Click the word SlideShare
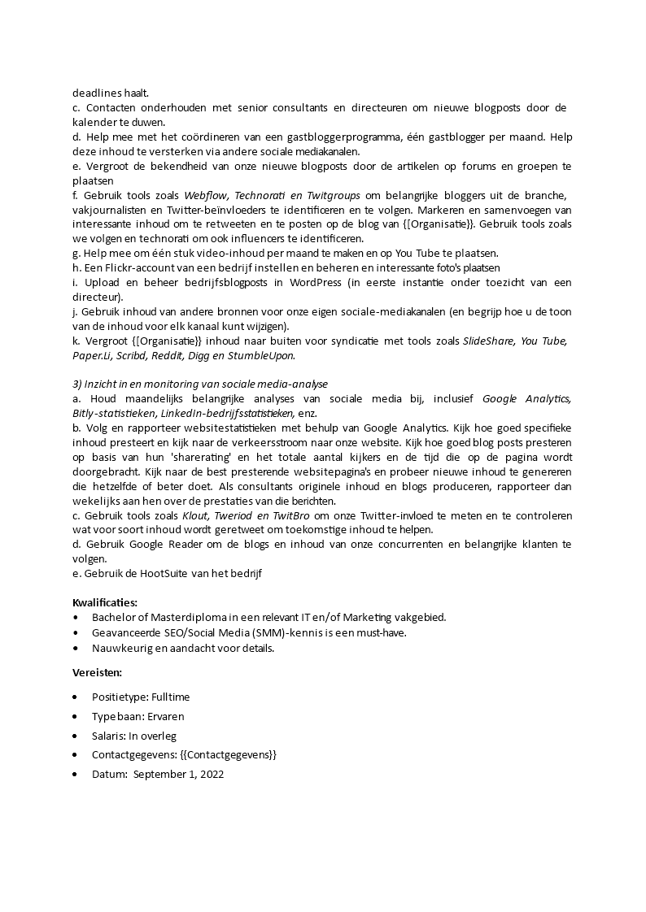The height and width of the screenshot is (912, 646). pyautogui.click(x=488, y=341)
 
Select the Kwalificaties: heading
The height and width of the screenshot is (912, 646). pyautogui.click(x=105, y=602)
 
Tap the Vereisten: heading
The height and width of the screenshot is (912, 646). pyautogui.click(x=98, y=672)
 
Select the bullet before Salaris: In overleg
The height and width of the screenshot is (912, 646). pyautogui.click(x=76, y=736)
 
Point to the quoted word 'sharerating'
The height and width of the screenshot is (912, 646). pyautogui.click(x=181, y=457)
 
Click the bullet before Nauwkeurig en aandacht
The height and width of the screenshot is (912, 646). pyautogui.click(x=76, y=648)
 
